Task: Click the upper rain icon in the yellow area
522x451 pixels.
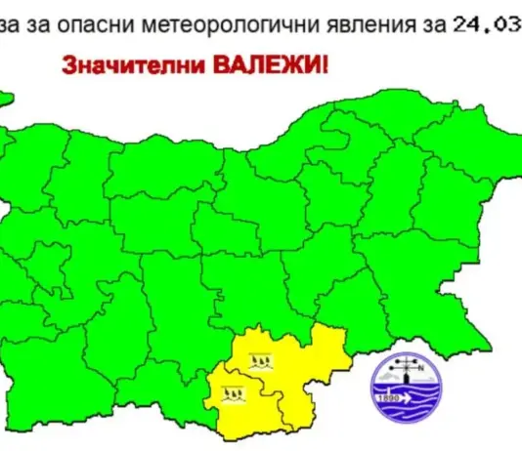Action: pyautogui.click(x=259, y=361)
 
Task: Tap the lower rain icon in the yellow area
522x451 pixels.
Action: pyautogui.click(x=232, y=394)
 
